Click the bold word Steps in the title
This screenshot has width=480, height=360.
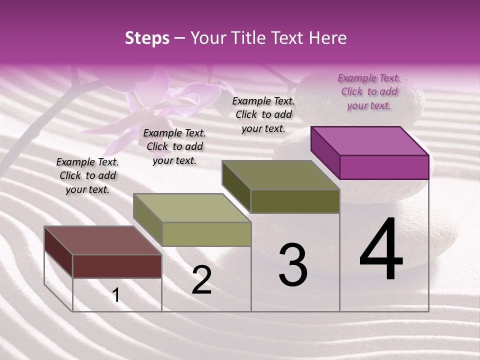tap(147, 38)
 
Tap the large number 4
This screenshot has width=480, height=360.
tap(381, 250)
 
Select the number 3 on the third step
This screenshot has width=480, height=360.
tap(292, 265)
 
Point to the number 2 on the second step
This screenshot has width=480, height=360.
tap(202, 280)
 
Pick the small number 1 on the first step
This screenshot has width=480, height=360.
tap(116, 295)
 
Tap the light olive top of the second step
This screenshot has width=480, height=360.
tap(192, 208)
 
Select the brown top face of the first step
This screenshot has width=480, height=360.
tap(102, 240)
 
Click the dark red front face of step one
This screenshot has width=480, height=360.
tap(117, 266)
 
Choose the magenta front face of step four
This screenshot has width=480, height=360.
tap(384, 167)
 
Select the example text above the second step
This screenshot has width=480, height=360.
tap(174, 146)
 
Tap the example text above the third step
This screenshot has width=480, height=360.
tap(263, 114)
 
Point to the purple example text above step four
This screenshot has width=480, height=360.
tap(369, 91)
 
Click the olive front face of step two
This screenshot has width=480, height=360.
tap(206, 234)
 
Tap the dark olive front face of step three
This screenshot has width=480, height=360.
tap(295, 201)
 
